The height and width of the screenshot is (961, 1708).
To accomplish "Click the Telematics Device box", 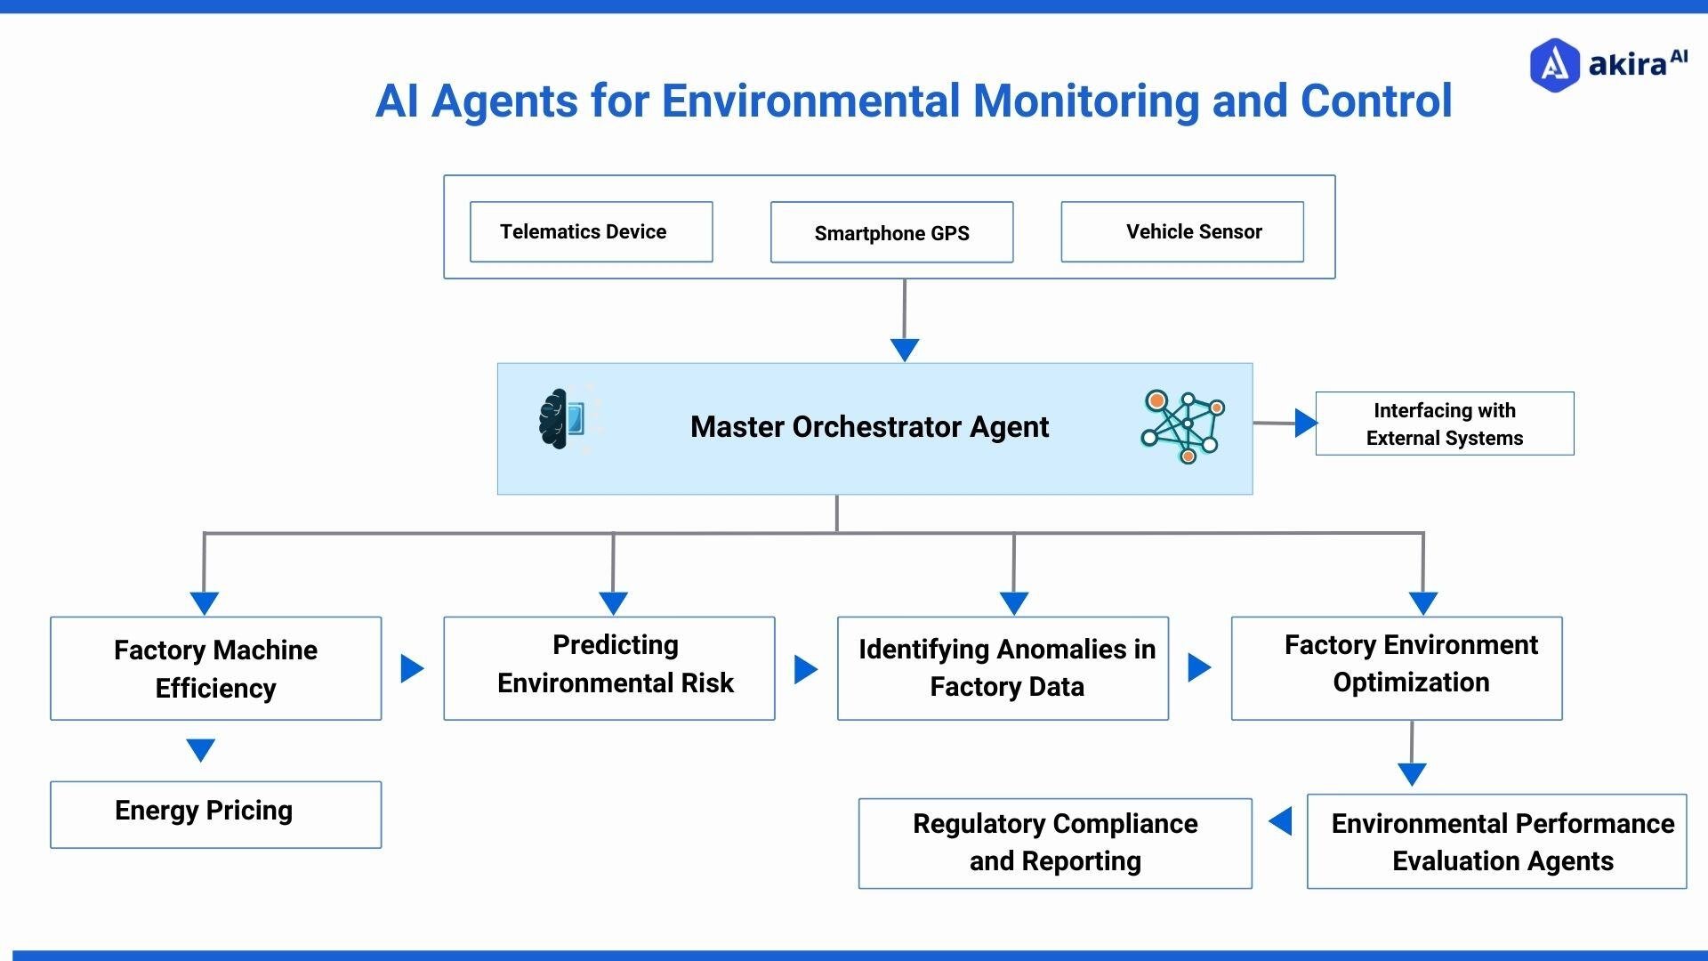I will [x=591, y=231].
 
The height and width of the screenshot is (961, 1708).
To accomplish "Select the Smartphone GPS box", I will [x=891, y=232].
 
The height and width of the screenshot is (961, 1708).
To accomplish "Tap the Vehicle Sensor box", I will [x=1182, y=231].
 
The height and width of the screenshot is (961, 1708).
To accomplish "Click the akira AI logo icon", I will [x=1553, y=65].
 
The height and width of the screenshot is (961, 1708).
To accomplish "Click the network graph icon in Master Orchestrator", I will [x=1182, y=426].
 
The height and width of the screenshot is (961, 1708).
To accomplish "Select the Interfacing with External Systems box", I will [x=1444, y=424].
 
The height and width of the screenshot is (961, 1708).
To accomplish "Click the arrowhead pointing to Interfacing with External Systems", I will [x=1305, y=423].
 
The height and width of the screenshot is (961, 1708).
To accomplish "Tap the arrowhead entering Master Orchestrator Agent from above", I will [x=905, y=349].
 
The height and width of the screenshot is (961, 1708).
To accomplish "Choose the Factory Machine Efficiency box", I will [x=215, y=668].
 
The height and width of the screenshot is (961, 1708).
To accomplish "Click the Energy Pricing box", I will [x=215, y=814].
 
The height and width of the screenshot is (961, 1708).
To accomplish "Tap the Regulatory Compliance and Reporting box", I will [x=1055, y=843].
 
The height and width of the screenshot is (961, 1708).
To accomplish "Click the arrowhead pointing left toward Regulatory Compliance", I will [x=1281, y=820].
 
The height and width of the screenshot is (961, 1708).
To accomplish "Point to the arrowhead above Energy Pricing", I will [x=201, y=749].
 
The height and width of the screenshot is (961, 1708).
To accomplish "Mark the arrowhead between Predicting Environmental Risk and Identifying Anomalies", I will [x=805, y=669].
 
